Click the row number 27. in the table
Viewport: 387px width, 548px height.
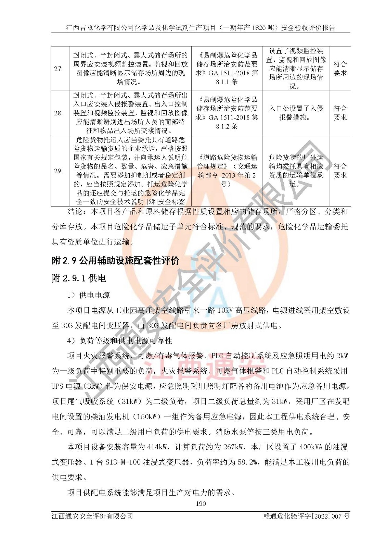pyautogui.click(x=59, y=69)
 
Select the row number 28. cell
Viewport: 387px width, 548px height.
pyautogui.click(x=59, y=113)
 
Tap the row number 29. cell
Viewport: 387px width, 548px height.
pyautogui.click(x=59, y=171)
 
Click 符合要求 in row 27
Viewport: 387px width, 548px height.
pyautogui.click(x=340, y=68)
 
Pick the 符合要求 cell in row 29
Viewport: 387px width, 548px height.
pyautogui.click(x=340, y=171)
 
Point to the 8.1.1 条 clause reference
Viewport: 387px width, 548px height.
pyautogui.click(x=227, y=82)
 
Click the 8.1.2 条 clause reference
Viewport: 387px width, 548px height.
pyautogui.click(x=227, y=126)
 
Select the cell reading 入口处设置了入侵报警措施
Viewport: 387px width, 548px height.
pyautogui.click(x=296, y=113)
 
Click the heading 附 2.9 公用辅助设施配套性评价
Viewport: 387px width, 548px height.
pyautogui.click(x=115, y=261)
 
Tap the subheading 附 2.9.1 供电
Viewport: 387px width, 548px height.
pyautogui.click(x=79, y=278)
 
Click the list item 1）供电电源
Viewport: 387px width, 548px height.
pyautogui.click(x=88, y=295)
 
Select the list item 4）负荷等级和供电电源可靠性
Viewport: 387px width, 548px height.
pyautogui.click(x=119, y=340)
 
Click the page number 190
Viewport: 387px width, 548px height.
pyautogui.click(x=201, y=503)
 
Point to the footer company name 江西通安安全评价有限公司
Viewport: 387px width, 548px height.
pyautogui.click(x=92, y=516)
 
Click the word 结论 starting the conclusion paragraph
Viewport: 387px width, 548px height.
pyautogui.click(x=75, y=211)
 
